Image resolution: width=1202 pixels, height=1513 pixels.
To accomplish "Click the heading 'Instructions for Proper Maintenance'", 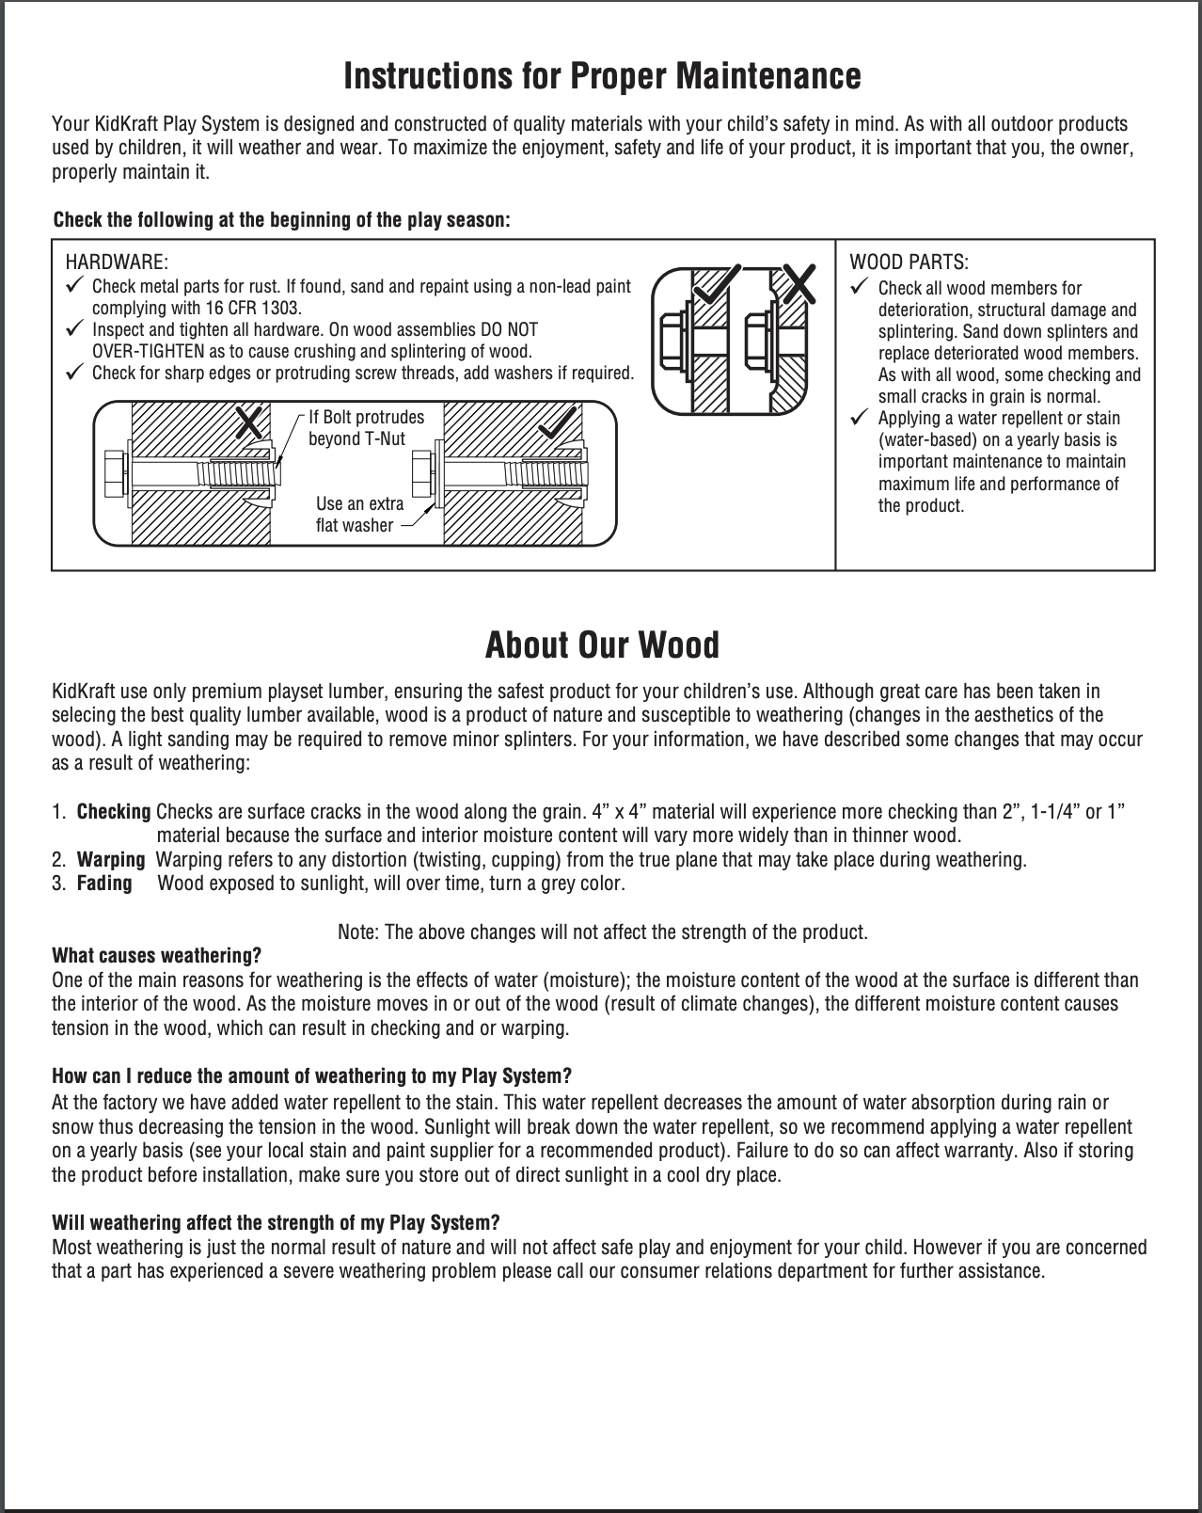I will [x=602, y=75].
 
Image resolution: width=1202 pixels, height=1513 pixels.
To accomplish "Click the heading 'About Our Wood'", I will [x=602, y=645].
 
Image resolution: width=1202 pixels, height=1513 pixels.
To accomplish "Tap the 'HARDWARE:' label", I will [x=116, y=262].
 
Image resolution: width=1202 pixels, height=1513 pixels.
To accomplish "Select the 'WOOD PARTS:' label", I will [x=909, y=262].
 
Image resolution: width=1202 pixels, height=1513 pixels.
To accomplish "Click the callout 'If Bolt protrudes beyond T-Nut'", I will [x=366, y=428].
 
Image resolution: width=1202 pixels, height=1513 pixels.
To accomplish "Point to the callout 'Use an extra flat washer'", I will [x=359, y=515].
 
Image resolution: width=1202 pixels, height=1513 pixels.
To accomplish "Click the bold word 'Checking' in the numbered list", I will [x=113, y=811].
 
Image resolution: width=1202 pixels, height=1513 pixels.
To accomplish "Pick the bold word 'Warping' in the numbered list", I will [x=110, y=860].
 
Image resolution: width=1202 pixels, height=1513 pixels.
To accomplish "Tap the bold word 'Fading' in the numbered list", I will [x=103, y=884].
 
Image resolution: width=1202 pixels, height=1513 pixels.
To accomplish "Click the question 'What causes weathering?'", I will [x=156, y=956].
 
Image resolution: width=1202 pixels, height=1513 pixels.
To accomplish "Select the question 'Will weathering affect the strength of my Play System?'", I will [x=276, y=1222].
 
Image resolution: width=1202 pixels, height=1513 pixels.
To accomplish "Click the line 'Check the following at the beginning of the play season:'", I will [x=281, y=220].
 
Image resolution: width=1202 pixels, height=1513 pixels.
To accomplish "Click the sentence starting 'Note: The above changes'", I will [x=602, y=932].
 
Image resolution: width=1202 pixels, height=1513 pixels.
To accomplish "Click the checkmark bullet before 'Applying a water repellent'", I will [x=858, y=417].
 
